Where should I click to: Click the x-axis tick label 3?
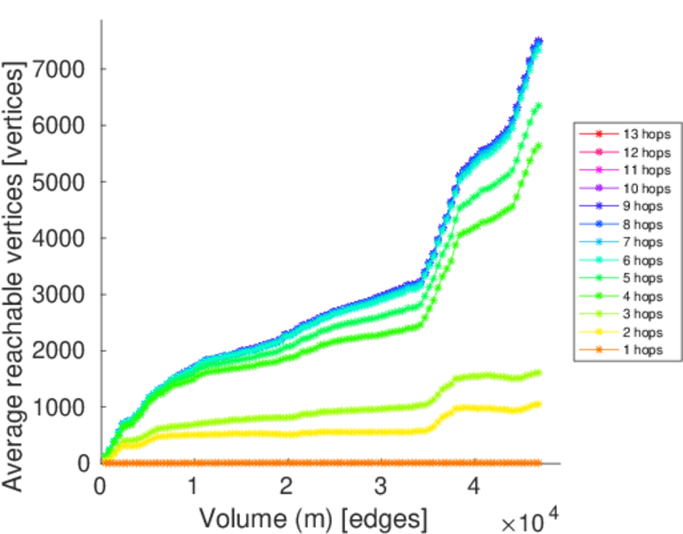381,489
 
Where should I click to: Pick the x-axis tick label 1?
193,489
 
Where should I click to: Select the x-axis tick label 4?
474,489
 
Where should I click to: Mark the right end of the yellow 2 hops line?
538,404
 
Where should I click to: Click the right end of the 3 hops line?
538,372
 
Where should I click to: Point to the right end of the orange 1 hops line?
538,463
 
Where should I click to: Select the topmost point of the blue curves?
538,41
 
